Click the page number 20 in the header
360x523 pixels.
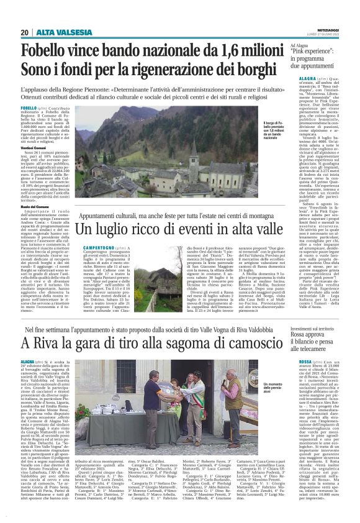24,32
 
